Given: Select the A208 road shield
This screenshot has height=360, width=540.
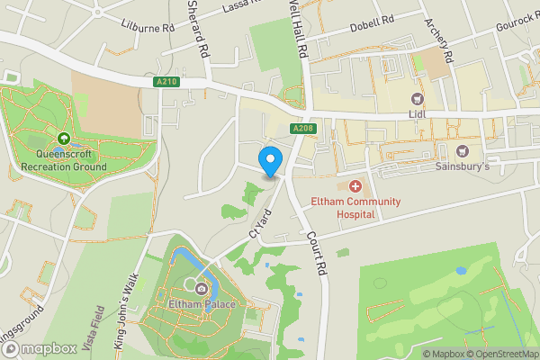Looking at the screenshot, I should point(302,130).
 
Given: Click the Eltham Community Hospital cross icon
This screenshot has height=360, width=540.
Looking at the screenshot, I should point(355,186).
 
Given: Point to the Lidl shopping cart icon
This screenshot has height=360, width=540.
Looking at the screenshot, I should point(417,99).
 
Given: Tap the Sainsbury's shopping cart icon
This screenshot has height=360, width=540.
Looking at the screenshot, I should point(463,151).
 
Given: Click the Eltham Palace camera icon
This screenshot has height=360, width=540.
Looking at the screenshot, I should point(201,289).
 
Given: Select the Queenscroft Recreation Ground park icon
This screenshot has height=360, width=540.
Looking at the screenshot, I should point(64,139).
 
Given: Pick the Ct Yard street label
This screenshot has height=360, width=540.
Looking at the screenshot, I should point(261,223).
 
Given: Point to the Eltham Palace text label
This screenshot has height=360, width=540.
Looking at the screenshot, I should point(202,305).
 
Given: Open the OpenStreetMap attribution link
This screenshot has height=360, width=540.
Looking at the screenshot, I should point(503,354).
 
